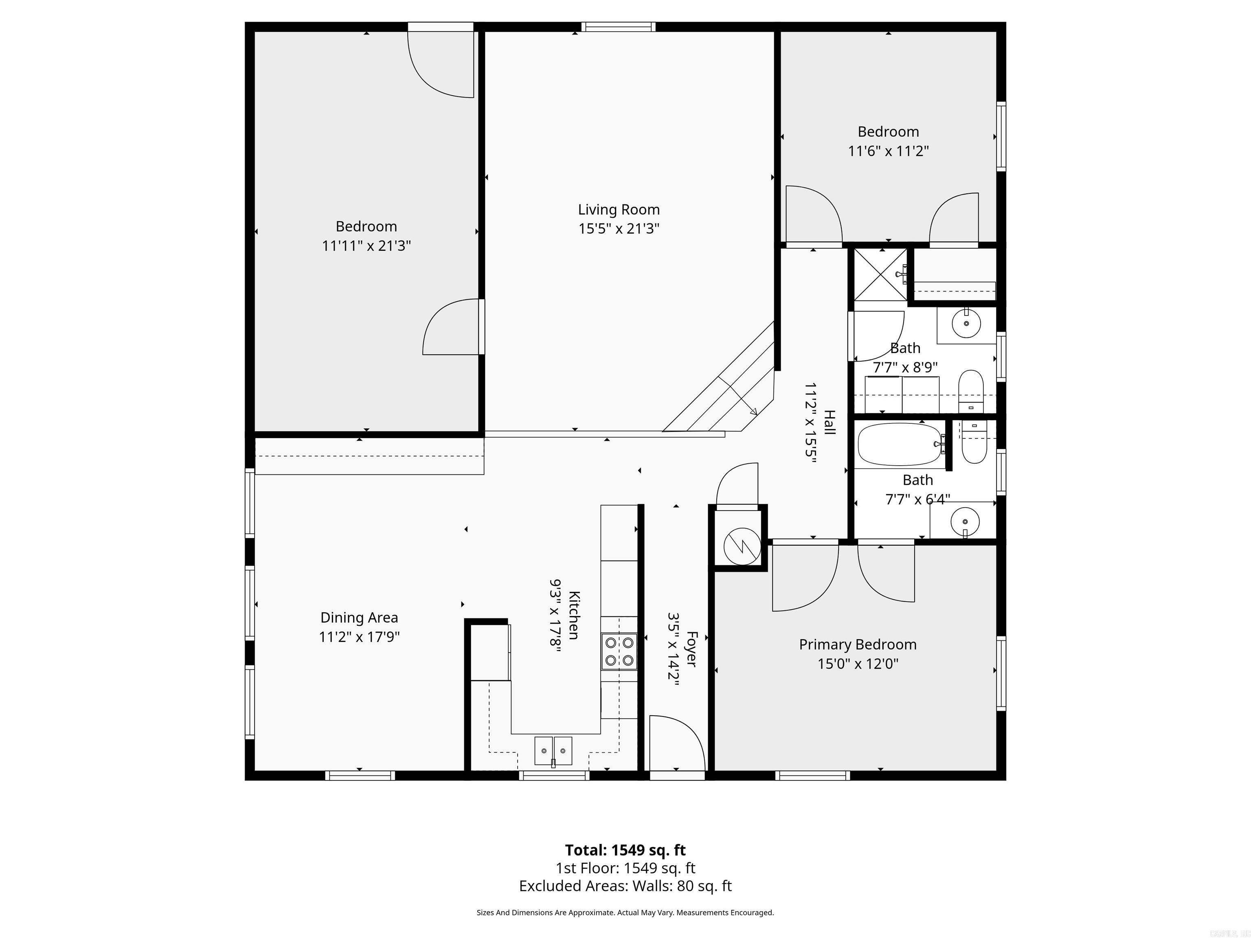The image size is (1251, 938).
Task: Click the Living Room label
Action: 619,210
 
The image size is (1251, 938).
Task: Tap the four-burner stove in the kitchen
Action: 619,651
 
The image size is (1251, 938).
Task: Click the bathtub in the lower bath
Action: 899,445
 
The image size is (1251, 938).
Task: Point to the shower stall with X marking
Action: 880,275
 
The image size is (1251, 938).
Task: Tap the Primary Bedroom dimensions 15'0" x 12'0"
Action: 857,664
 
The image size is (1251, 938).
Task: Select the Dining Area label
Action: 359,618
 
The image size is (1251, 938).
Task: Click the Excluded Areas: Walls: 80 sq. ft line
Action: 625,886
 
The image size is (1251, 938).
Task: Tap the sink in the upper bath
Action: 966,324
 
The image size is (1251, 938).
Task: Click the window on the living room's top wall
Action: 618,26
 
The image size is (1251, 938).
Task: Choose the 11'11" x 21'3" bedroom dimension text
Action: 366,246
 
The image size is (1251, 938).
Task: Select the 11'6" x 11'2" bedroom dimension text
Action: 888,151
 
